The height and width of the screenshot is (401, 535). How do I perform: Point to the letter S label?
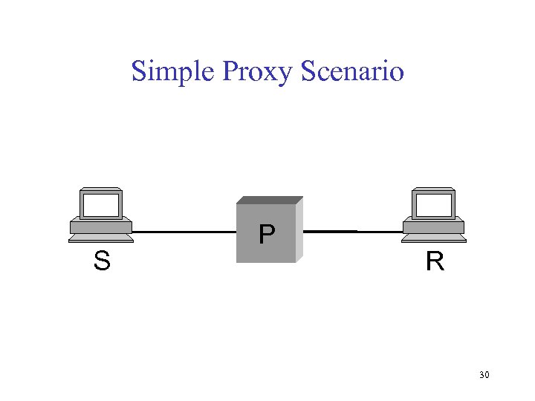[x=102, y=261]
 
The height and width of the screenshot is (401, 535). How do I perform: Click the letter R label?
[x=435, y=261]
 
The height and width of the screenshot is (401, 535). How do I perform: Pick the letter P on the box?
[x=266, y=235]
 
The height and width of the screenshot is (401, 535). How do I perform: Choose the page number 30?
[x=484, y=375]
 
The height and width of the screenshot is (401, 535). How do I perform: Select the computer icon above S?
[x=101, y=215]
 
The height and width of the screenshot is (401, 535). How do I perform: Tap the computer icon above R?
[x=434, y=215]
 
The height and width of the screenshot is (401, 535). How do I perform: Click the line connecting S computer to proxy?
[x=184, y=232]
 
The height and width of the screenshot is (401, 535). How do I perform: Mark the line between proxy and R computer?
[x=352, y=232]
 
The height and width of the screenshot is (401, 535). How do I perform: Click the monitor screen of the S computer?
[x=101, y=204]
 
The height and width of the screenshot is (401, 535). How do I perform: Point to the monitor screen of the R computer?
[x=433, y=204]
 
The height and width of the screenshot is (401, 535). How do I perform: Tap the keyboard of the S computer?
[x=101, y=238]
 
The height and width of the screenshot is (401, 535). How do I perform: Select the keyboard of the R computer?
[x=434, y=238]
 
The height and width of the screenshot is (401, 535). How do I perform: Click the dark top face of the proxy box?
[x=270, y=200]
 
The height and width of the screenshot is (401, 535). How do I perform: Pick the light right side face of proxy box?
[x=299, y=230]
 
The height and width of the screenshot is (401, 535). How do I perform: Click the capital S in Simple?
[x=139, y=72]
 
